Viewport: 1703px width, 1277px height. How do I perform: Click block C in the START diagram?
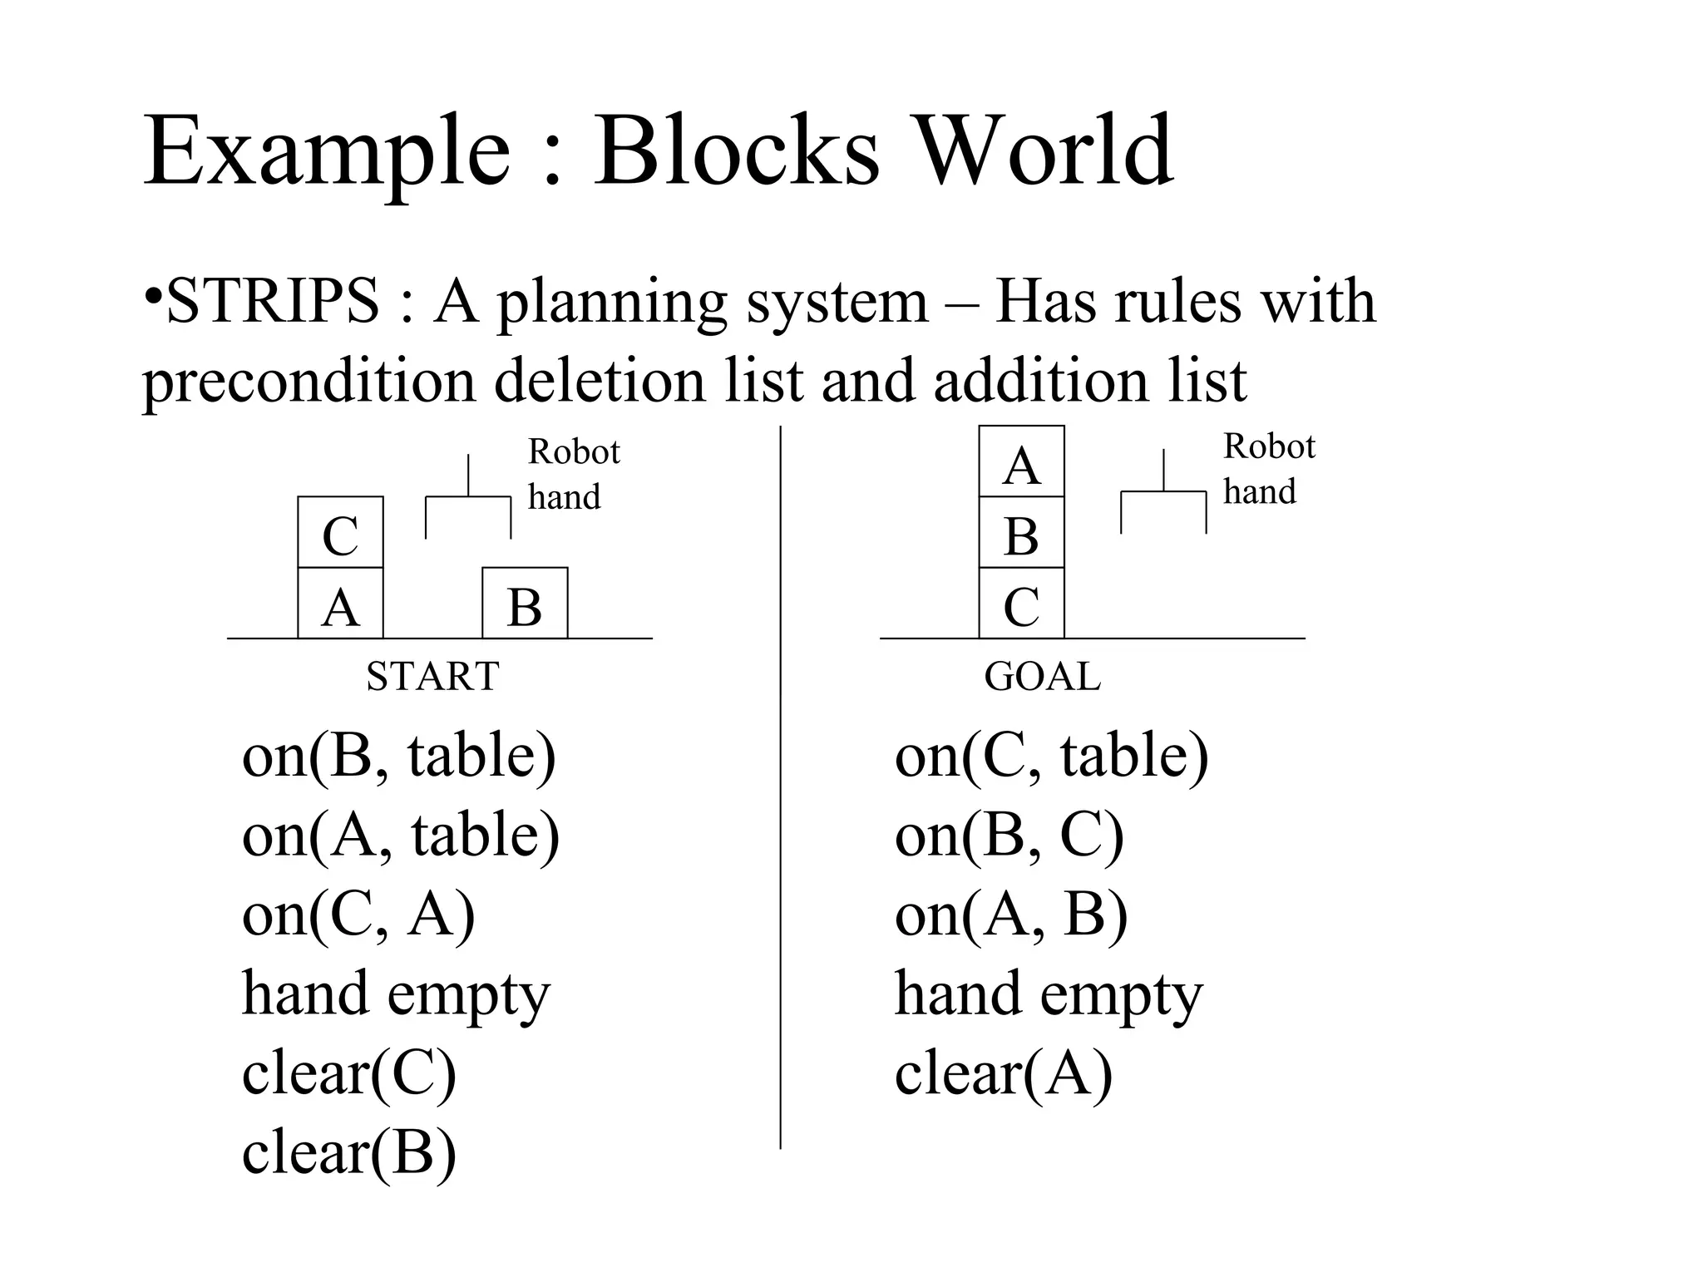click(x=340, y=533)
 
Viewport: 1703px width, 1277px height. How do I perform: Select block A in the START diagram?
click(x=340, y=604)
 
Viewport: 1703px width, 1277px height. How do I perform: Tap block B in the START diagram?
click(x=525, y=604)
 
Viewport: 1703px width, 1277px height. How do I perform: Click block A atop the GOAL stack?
click(x=1021, y=462)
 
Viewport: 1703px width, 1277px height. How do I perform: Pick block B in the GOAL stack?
click(x=1021, y=533)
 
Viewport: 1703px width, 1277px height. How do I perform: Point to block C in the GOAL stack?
click(x=1021, y=604)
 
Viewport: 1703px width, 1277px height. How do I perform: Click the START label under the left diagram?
click(x=432, y=676)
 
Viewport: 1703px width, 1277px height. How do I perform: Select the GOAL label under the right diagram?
click(x=1042, y=676)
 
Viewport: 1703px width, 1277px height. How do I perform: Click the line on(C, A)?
click(x=358, y=915)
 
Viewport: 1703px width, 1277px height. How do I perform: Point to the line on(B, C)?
click(x=1009, y=835)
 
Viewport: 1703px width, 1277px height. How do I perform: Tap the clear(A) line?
click(x=1003, y=1073)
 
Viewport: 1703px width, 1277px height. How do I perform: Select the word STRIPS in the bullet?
click(x=273, y=301)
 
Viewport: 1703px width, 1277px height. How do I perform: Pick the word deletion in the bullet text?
click(x=608, y=381)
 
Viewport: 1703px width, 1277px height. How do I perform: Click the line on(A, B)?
click(x=1010, y=915)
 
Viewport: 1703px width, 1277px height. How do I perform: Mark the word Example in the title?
click(x=327, y=153)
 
